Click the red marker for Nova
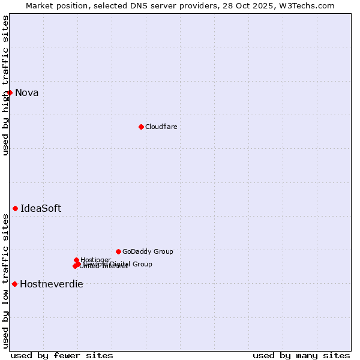click(x=10, y=92)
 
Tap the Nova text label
click(x=26, y=92)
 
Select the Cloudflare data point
click(x=141, y=127)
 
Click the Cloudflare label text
click(x=161, y=127)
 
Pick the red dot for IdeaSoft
click(x=16, y=208)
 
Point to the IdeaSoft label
click(x=41, y=208)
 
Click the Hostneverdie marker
click(x=14, y=284)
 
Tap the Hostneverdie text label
click(x=52, y=284)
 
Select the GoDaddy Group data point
click(x=118, y=251)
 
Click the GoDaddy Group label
click(x=148, y=252)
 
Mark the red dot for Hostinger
click(x=77, y=260)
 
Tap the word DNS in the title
click(x=134, y=5)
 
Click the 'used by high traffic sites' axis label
click(x=6, y=85)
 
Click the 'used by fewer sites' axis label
click(x=62, y=355)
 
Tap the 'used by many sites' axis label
click(x=301, y=355)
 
